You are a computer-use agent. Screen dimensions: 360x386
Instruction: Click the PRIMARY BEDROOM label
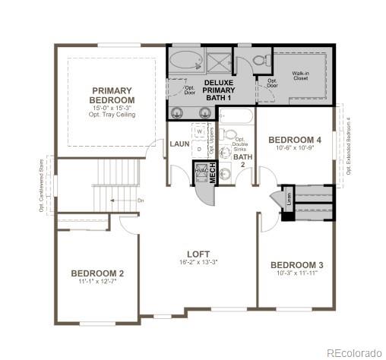pos(112,95)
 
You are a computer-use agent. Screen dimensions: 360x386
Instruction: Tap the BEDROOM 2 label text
pos(97,273)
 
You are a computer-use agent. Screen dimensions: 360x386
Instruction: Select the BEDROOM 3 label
pos(297,265)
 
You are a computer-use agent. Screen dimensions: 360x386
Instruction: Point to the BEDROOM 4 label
pos(295,140)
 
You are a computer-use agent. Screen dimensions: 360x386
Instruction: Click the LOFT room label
pos(198,254)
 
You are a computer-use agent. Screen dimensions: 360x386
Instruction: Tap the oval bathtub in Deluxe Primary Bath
pos(185,60)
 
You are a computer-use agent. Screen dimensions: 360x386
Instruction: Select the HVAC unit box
pos(201,172)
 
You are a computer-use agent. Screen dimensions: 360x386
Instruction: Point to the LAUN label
pos(179,144)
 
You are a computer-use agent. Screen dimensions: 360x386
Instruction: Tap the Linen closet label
pos(288,196)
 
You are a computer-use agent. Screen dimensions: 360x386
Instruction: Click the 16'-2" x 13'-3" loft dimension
pos(198,263)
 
